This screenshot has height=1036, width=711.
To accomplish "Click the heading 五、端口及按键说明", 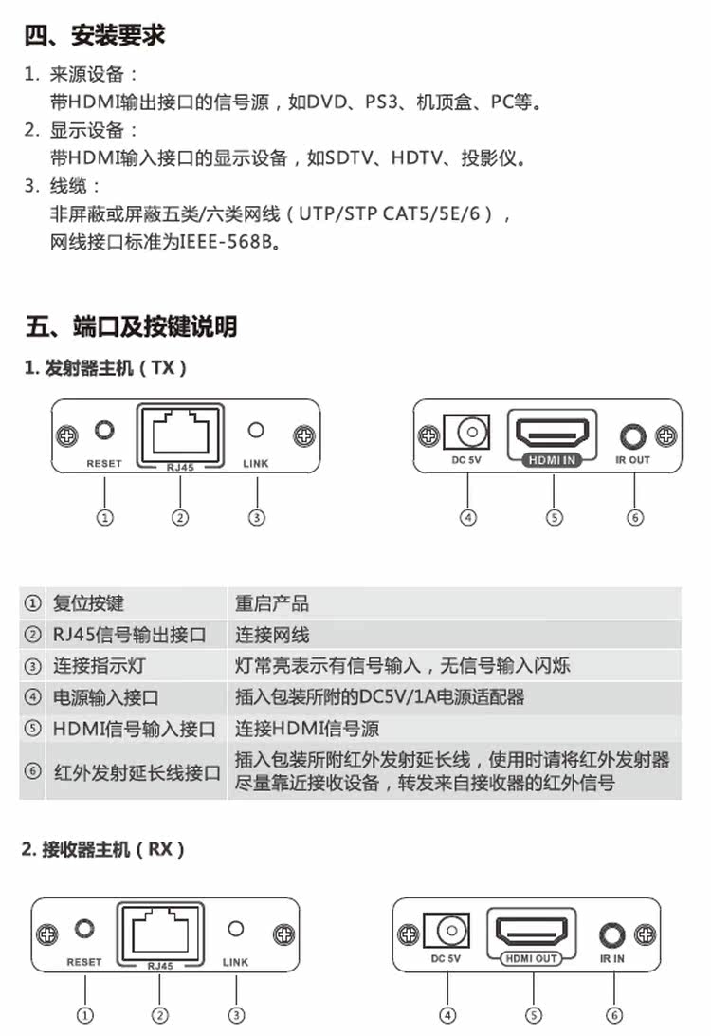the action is tap(131, 327).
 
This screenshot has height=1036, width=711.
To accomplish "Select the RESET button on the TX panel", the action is tap(104, 432).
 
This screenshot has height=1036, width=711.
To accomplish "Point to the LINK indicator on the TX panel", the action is tap(256, 431).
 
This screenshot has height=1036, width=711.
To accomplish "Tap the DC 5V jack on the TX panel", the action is tap(468, 433).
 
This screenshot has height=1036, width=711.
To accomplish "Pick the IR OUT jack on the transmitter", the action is tap(632, 436).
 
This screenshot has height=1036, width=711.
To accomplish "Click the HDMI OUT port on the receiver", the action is tap(532, 932).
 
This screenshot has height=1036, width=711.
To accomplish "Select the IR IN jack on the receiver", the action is tap(611, 934).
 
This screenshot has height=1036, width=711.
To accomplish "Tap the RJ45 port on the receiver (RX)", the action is tap(159, 931).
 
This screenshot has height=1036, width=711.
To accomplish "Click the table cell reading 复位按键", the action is tap(88, 603).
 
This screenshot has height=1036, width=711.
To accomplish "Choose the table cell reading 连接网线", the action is tap(272, 635).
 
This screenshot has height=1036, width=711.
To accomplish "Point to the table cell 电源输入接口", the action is tap(105, 697).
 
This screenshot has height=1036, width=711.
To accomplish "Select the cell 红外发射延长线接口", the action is tap(137, 771).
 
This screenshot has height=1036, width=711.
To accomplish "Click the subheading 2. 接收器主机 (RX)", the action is tap(103, 849).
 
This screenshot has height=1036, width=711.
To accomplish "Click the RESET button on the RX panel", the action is tap(85, 929).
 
